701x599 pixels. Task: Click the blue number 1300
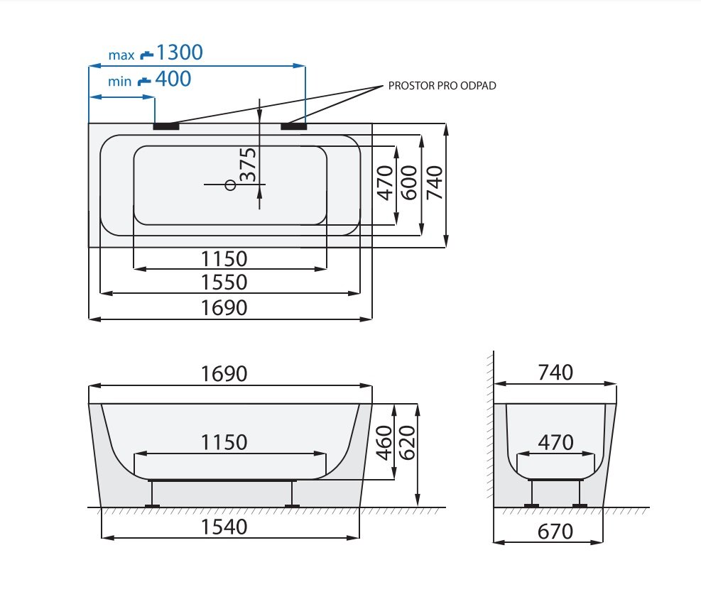pos(179,53)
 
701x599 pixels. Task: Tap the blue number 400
pos(173,79)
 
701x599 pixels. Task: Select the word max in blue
pos(121,55)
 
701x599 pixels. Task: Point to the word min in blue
pos(120,82)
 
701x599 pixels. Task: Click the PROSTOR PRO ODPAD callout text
pos(442,86)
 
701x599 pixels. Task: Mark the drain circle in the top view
pos(230,185)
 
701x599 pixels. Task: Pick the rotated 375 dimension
pos(249,165)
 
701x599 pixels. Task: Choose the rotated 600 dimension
pos(409,182)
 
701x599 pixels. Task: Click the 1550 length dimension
pos(224,282)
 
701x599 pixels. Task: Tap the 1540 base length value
pos(224,527)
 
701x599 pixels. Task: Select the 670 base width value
pos(555,532)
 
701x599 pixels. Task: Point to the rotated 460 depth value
pos(384,443)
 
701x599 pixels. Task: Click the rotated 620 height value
pos(407,443)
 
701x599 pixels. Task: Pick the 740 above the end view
pos(555,373)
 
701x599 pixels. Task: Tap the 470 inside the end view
pos(555,443)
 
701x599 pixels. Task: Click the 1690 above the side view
pos(224,374)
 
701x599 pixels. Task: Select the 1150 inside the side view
pos(224,443)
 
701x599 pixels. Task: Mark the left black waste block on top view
pos(166,126)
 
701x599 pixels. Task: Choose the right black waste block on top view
pos(294,126)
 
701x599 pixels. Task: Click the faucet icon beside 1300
pos(146,55)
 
